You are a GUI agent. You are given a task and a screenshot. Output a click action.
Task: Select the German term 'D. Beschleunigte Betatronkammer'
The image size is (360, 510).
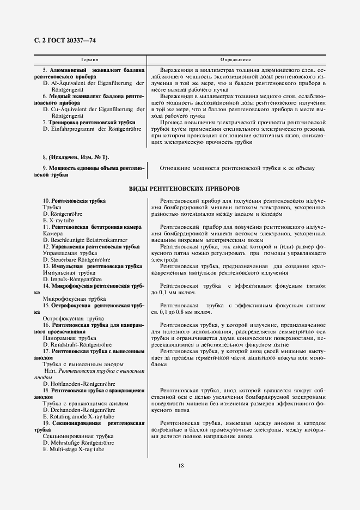(x=85, y=240)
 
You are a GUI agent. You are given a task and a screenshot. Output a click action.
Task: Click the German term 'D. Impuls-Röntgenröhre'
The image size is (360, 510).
(x=73, y=279)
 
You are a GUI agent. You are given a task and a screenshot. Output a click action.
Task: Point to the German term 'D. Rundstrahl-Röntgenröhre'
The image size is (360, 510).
(x=77, y=344)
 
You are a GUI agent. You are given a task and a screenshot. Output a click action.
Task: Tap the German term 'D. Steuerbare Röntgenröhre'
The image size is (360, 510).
(x=76, y=260)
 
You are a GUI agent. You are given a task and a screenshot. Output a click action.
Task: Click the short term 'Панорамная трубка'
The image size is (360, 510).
(x=70, y=338)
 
